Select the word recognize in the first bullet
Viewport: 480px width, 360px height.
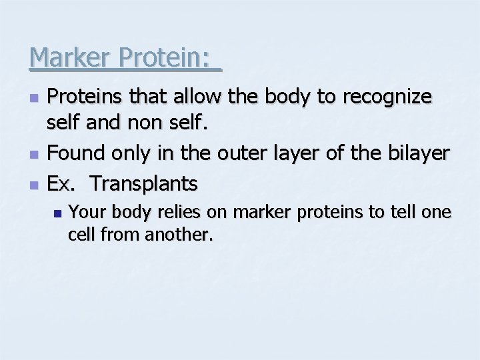387,97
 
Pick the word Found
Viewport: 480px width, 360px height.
76,153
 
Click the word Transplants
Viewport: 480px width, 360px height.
144,182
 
